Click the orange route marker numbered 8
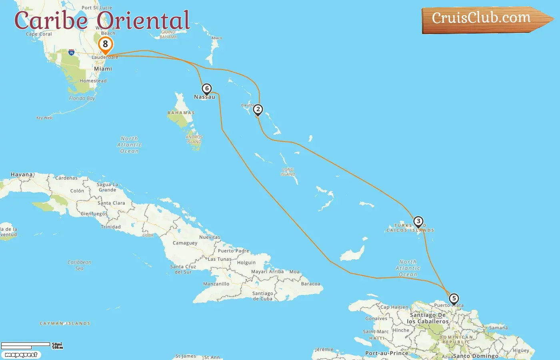pos(105,44)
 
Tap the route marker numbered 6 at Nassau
pos(206,89)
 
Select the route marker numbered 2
pos(258,110)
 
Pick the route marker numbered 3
pos(418,222)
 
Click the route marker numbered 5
pos(454,299)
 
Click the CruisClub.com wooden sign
pos(484,19)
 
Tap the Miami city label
pos(103,69)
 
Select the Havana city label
pos(22,175)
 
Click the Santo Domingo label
pos(476,356)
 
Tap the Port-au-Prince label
pos(386,353)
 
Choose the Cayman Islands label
pos(65,324)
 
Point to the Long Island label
pos(288,172)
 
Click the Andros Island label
pos(194,139)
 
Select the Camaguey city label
pos(185,243)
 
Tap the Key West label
pos(44,118)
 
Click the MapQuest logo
pos(21,355)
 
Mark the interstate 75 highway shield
pos(71,52)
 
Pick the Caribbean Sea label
pos(79,265)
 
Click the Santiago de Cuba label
pos(262,296)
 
